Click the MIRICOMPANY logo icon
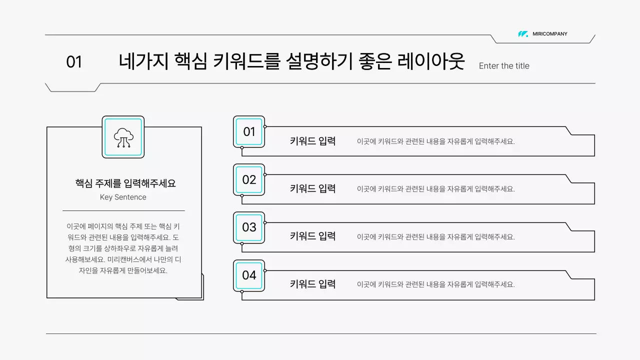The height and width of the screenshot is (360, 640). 523,34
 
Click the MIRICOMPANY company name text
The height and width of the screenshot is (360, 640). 550,34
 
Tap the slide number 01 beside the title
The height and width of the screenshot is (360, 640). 74,62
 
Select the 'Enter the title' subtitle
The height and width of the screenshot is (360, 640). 504,66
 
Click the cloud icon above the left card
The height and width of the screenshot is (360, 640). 123,137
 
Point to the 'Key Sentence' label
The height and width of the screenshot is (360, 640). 123,197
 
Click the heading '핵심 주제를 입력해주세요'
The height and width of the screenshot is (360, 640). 125,183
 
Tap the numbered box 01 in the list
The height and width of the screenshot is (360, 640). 249,132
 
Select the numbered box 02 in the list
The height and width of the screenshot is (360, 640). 249,180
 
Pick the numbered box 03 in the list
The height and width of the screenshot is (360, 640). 249,227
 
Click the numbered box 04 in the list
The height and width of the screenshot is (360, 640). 249,275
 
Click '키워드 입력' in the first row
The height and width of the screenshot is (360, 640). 312,141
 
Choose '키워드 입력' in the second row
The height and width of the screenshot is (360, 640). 312,189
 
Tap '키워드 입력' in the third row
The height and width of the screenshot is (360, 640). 312,236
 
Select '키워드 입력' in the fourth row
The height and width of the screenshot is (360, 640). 312,284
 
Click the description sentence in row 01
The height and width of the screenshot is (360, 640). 435,141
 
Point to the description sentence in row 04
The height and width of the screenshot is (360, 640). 435,284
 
